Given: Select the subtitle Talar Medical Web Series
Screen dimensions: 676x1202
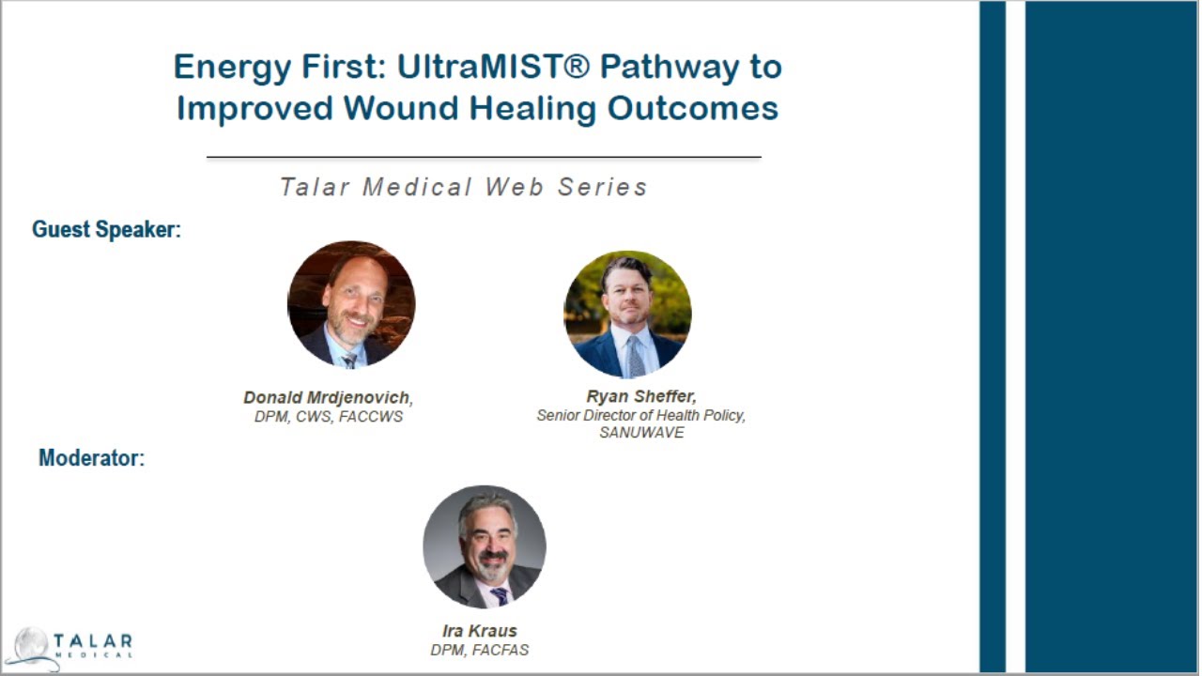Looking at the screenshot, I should click(464, 187).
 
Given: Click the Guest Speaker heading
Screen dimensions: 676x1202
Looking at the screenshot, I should click(106, 229).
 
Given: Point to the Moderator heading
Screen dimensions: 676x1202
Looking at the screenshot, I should click(91, 458).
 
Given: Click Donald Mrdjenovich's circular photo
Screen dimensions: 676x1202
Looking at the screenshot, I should click(351, 304).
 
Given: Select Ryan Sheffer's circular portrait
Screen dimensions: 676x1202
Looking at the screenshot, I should click(627, 314).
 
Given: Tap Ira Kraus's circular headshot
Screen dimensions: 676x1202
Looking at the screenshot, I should click(485, 546).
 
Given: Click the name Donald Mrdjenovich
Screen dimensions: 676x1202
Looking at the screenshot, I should click(327, 398).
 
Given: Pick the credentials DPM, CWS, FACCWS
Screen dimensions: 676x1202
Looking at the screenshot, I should click(328, 417).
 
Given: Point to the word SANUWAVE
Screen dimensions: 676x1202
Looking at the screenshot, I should click(641, 433).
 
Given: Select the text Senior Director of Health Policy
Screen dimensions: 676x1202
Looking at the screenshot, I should click(640, 415).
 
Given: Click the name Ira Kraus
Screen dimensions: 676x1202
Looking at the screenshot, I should click(479, 631).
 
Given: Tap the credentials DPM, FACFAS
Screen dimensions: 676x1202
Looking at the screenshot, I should click(479, 650).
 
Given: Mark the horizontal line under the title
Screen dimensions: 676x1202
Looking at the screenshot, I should click(484, 158).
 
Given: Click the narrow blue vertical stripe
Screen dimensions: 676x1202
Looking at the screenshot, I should click(992, 338).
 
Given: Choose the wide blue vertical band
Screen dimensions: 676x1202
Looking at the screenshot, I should click(1112, 338).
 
